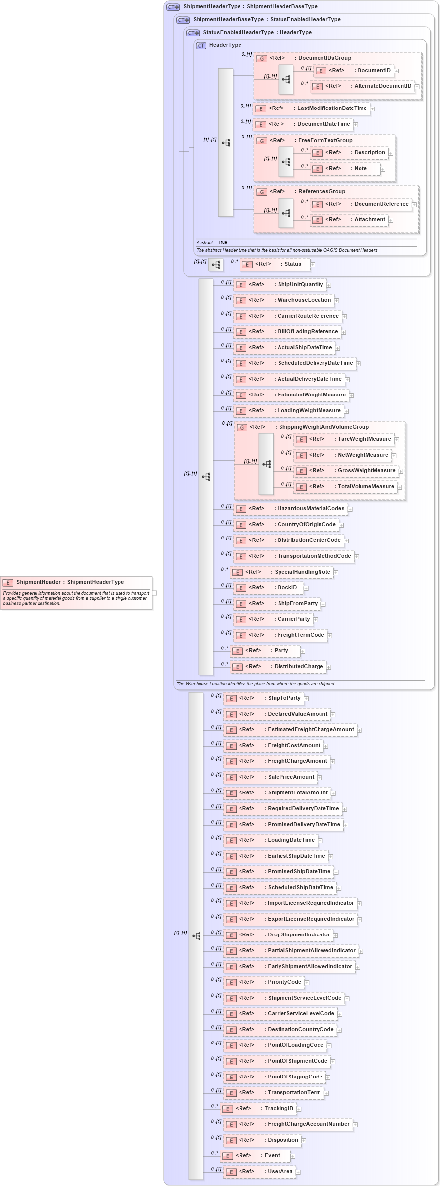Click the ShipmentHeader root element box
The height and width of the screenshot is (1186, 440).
(76, 582)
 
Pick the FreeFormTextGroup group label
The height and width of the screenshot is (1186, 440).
(325, 141)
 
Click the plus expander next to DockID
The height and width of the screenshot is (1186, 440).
(306, 588)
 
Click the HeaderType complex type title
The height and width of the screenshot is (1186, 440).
(225, 45)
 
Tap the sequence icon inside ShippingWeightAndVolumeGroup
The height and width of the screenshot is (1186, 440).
(266, 465)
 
